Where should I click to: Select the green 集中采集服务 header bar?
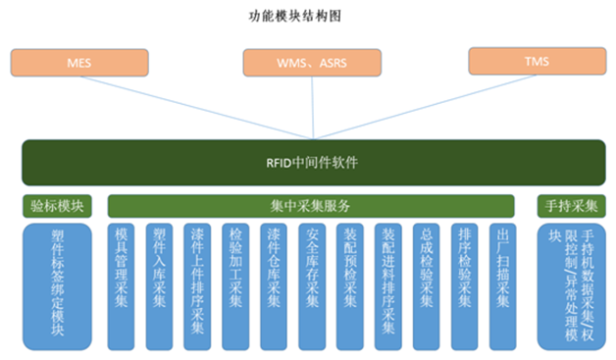coord(311,206)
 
